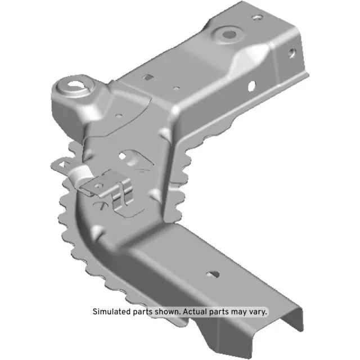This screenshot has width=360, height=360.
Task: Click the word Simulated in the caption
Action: (111, 311)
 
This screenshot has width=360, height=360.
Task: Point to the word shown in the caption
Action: (166, 311)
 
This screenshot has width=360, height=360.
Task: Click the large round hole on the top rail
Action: (229, 34)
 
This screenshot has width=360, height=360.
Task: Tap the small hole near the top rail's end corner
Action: (258, 17)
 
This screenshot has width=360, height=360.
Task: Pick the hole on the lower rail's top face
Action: (213, 274)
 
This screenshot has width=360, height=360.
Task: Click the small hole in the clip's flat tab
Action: (99, 184)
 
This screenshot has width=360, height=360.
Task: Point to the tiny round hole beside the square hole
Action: (176, 88)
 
